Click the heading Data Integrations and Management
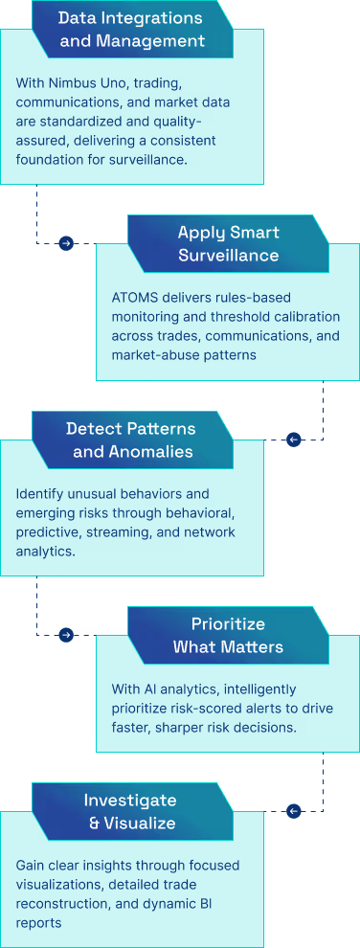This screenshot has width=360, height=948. tap(132, 29)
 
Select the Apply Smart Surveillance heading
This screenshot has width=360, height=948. tap(228, 243)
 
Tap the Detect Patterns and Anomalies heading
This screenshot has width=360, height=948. tap(130, 439)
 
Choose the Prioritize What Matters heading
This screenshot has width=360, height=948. tap(228, 635)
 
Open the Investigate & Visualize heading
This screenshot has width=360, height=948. tap(130, 810)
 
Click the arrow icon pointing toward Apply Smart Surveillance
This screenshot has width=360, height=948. tap(65, 243)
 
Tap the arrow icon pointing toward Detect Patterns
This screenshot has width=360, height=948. tap(294, 440)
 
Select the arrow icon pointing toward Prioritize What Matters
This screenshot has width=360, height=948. tap(65, 635)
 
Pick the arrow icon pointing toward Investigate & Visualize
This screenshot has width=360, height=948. tap(294, 811)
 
